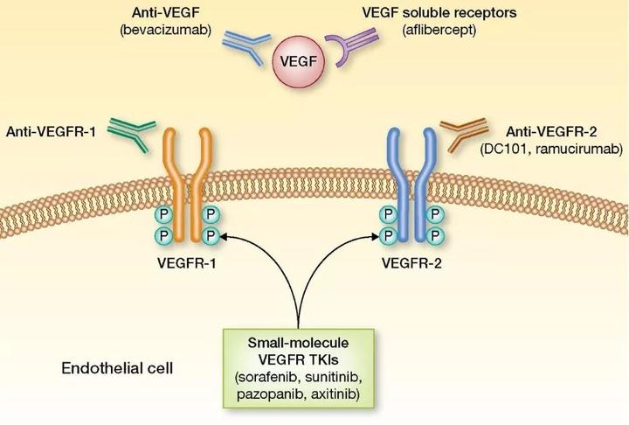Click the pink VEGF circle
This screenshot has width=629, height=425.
point(299,61)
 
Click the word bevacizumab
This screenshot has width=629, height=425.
point(165,30)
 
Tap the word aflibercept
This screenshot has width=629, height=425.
point(439,30)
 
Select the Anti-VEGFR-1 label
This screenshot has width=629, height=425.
point(51,131)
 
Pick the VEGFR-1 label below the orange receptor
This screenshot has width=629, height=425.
point(187,263)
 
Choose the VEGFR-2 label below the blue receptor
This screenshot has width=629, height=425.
point(412,263)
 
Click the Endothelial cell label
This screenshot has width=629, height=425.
point(117,368)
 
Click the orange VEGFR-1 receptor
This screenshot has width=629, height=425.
point(187,185)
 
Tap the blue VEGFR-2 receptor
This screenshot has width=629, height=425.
point(411,185)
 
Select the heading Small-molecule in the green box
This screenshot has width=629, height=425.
point(298,343)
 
